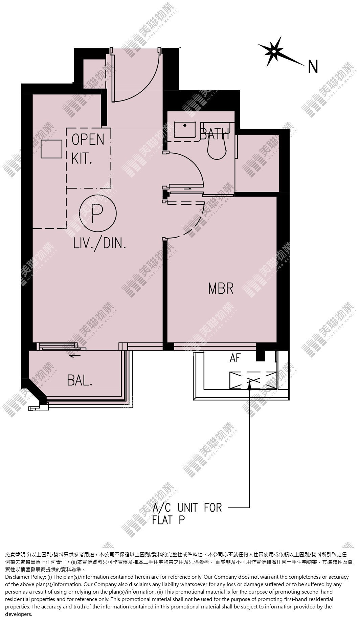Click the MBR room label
pyautogui.click(x=221, y=289)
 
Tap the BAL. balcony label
pyautogui.click(x=80, y=381)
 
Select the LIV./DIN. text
pyautogui.click(x=100, y=243)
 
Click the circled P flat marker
pyautogui.click(x=98, y=213)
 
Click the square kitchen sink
pyautogui.click(x=51, y=149)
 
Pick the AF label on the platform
pyautogui.click(x=235, y=358)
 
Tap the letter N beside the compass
pyautogui.click(x=313, y=67)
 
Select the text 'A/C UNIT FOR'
pyautogui.click(x=187, y=508)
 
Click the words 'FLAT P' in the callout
pyautogui.click(x=169, y=519)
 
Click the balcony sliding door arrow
pyautogui.click(x=75, y=355)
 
